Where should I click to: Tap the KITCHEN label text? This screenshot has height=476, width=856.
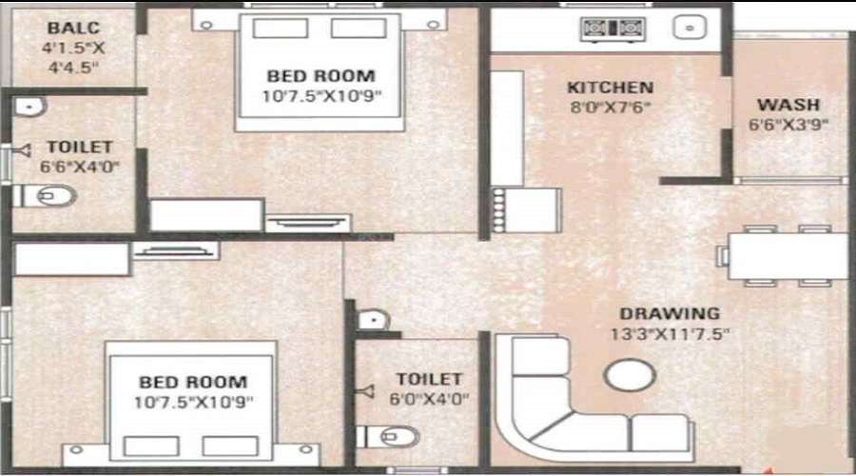[610, 88]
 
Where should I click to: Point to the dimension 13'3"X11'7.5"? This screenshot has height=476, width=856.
[670, 334]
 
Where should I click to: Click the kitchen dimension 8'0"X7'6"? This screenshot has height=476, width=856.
[610, 108]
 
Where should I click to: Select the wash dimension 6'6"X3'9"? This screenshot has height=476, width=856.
[788, 124]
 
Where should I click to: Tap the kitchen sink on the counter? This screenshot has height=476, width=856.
[687, 28]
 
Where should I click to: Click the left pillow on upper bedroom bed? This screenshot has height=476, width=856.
[280, 28]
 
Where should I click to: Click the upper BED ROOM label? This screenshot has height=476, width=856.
[321, 75]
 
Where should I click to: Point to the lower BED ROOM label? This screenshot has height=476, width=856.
[192, 383]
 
